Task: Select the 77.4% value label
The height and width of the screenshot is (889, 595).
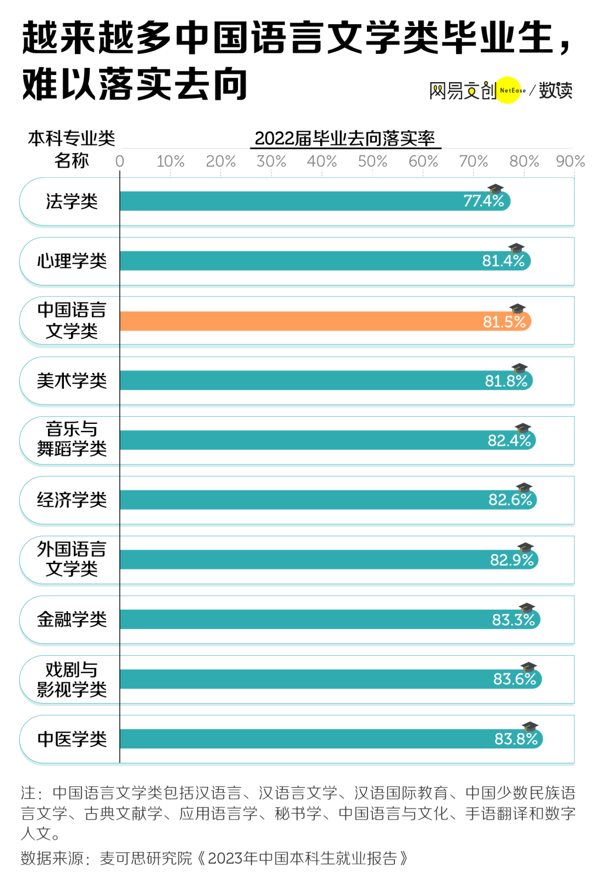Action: (x=483, y=201)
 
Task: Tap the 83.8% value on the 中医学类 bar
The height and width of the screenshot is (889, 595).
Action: (x=515, y=739)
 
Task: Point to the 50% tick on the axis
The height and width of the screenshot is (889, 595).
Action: (x=372, y=161)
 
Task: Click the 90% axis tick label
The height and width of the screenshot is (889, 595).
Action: (x=570, y=161)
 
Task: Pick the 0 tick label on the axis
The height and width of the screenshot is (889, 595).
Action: (x=120, y=161)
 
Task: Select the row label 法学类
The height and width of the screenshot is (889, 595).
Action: (x=72, y=202)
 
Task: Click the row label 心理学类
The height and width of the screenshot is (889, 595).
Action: (x=72, y=261)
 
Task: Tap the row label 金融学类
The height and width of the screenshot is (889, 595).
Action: (x=72, y=619)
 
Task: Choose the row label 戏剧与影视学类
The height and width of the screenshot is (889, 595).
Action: (x=72, y=680)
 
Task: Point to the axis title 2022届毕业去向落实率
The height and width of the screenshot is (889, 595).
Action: (x=345, y=138)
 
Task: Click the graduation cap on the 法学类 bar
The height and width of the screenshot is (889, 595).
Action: (x=496, y=189)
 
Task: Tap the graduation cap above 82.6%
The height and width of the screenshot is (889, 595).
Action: (x=523, y=488)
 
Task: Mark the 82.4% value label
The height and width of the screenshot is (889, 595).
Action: (x=509, y=441)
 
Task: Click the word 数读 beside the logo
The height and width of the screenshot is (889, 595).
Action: (x=555, y=90)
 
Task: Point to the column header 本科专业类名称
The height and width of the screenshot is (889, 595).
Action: (x=72, y=149)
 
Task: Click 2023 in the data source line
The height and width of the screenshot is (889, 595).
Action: (x=225, y=858)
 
